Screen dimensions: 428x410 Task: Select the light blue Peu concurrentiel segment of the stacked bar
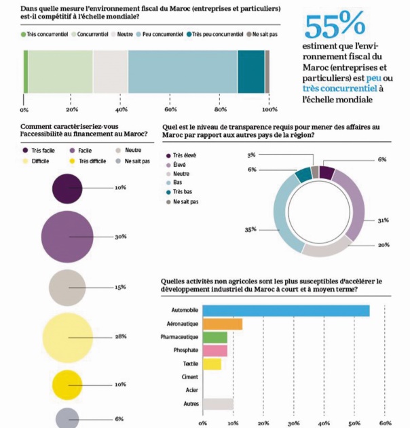(x=182, y=71)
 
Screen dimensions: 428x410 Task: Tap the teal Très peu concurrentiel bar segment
(x=250, y=71)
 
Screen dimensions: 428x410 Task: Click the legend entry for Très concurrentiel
(x=43, y=33)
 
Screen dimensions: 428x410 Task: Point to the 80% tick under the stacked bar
(x=220, y=109)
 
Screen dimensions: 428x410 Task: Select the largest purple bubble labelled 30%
(x=67, y=236)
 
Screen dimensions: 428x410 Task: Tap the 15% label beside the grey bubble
(x=120, y=288)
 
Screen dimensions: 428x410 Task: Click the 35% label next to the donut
(x=250, y=230)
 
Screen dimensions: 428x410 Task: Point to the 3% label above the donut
(x=251, y=155)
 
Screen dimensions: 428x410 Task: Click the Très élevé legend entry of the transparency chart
(x=185, y=155)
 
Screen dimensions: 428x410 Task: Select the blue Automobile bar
(x=286, y=311)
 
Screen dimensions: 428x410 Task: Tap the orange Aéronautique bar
(x=222, y=324)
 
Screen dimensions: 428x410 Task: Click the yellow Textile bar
(x=212, y=364)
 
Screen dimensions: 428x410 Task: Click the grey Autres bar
(x=217, y=404)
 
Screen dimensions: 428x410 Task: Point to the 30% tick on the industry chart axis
(x=294, y=423)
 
